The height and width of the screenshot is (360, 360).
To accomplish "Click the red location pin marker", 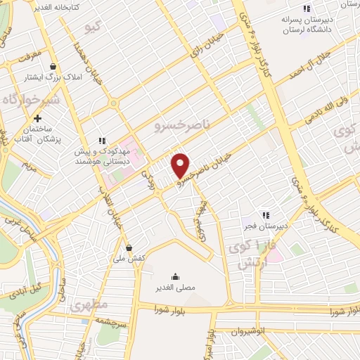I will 181,165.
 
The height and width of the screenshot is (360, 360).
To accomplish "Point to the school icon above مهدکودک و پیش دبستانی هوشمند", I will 102,140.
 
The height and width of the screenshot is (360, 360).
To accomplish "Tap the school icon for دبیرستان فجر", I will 265,214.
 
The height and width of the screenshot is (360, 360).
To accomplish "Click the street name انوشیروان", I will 249,330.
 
